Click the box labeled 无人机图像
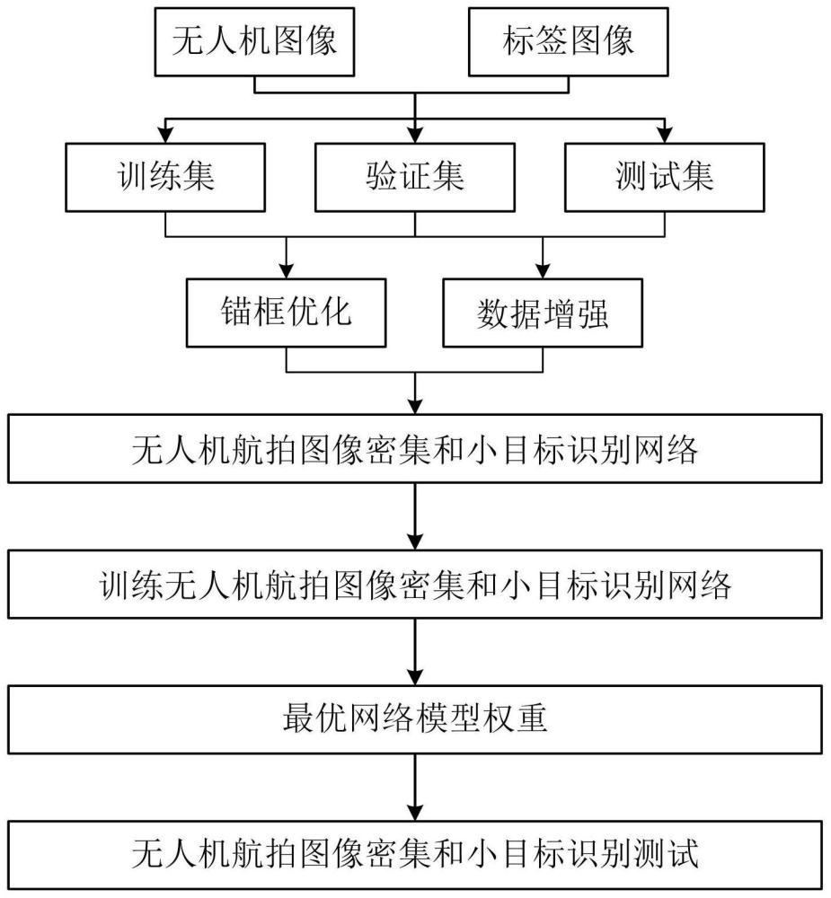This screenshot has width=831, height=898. pos(254,42)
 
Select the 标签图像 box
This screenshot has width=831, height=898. pos(568,42)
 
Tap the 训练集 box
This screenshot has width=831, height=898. pos(165,176)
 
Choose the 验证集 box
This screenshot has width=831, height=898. pos(414,176)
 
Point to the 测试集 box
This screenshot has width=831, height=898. pos(665,176)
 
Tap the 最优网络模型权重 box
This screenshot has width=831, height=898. pos(414,720)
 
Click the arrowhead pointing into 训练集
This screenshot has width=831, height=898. pos(165,136)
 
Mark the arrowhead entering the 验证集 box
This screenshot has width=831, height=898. pos(414,136)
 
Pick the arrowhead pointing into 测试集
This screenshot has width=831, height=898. pos(665,136)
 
